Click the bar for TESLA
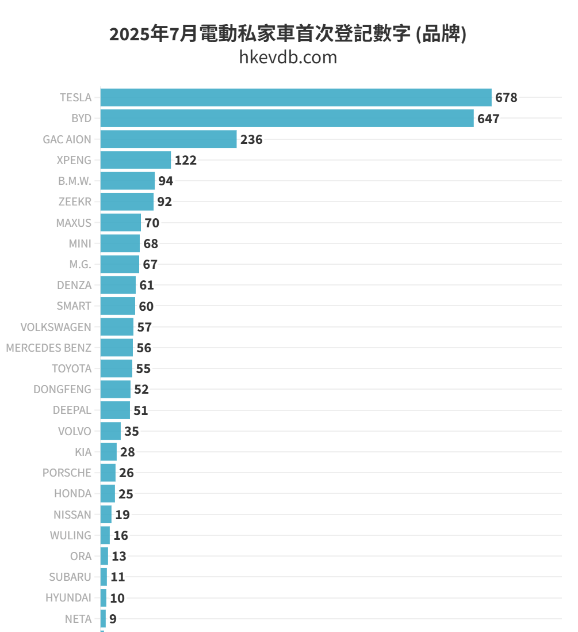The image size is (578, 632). [296, 97]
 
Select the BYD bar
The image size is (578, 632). [286, 119]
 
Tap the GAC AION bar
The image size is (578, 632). [168, 139]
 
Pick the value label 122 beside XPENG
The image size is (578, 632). [186, 161]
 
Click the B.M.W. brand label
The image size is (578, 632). [74, 181]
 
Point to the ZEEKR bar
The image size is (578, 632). [127, 202]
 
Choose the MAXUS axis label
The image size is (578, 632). [74, 223]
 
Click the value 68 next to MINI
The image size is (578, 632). [151, 244]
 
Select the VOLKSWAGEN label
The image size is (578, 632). [56, 327]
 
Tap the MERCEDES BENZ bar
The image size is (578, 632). [116, 348]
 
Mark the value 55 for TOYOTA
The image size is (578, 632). [143, 369]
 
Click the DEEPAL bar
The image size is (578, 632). [115, 410]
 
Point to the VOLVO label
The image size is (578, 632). [75, 431]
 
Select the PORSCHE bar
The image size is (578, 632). [108, 473]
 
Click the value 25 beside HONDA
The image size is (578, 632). [126, 494]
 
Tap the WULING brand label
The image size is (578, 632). [70, 535]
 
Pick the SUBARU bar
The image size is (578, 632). [104, 577]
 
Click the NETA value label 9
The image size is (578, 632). [113, 619]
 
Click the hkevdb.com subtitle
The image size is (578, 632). [288, 58]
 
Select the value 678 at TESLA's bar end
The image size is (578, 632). [506, 98]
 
